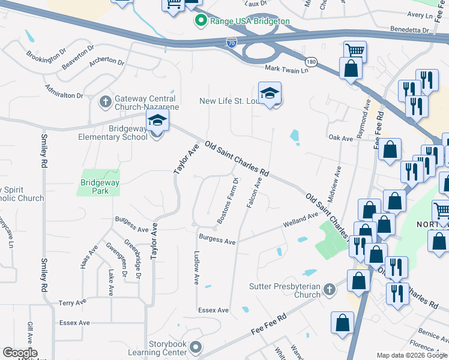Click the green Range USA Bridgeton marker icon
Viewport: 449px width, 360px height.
pyautogui.click(x=200, y=21)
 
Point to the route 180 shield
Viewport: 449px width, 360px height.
pyautogui.click(x=310, y=62)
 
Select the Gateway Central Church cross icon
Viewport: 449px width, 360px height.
pyautogui.click(x=106, y=100)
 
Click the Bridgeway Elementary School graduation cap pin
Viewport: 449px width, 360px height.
pyautogui.click(x=157, y=122)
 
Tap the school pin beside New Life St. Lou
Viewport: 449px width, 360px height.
pyautogui.click(x=270, y=94)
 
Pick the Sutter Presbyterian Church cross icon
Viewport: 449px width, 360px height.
pyautogui.click(x=328, y=290)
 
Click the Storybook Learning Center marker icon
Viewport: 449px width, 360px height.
pyautogui.click(x=195, y=347)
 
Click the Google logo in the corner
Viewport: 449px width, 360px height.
pyautogui.click(x=20, y=353)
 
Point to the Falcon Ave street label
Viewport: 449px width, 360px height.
pyautogui.click(x=254, y=193)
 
